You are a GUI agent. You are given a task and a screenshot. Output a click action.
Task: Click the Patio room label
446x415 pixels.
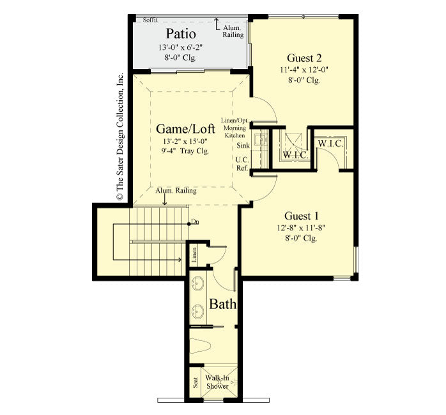181,33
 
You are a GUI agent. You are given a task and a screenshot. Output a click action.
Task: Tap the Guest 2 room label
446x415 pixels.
304,57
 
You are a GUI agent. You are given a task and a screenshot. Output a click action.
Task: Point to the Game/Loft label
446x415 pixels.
186,128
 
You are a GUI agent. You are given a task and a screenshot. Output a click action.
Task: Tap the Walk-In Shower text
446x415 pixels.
217,382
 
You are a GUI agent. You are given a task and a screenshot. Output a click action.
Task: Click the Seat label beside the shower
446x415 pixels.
195,382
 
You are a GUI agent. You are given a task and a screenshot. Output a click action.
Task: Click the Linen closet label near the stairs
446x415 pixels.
194,254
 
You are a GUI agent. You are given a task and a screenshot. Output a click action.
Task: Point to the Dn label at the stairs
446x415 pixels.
196,222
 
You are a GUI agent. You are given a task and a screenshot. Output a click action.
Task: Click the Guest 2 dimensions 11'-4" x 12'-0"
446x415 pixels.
304,70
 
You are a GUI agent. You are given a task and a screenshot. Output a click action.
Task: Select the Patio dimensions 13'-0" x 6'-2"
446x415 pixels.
181,47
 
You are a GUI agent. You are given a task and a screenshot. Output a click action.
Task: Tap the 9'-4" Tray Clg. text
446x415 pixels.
185,152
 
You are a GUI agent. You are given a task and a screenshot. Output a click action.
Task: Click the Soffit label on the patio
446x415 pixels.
151,20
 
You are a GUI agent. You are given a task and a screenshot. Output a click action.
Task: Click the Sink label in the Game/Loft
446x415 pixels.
242,146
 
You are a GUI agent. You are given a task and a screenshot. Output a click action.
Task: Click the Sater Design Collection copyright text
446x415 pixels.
119,137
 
